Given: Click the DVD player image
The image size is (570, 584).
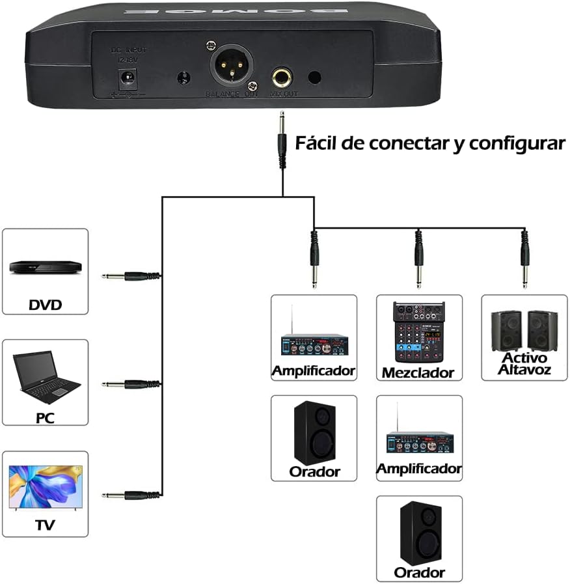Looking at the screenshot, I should (x=45, y=267).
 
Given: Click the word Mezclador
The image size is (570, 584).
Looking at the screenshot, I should (x=418, y=373).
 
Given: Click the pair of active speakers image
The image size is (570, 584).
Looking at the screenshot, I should (x=524, y=330).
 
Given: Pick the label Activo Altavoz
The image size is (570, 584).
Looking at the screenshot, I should (x=524, y=364).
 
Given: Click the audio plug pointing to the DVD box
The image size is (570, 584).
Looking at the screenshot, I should (x=130, y=276).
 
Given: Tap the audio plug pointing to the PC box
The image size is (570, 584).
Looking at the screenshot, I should (x=130, y=385).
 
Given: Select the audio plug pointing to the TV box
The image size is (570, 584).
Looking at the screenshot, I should (x=130, y=495).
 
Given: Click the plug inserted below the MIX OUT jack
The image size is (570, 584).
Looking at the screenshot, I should (x=282, y=140).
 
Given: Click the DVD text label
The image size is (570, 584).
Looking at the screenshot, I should (x=45, y=304).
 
